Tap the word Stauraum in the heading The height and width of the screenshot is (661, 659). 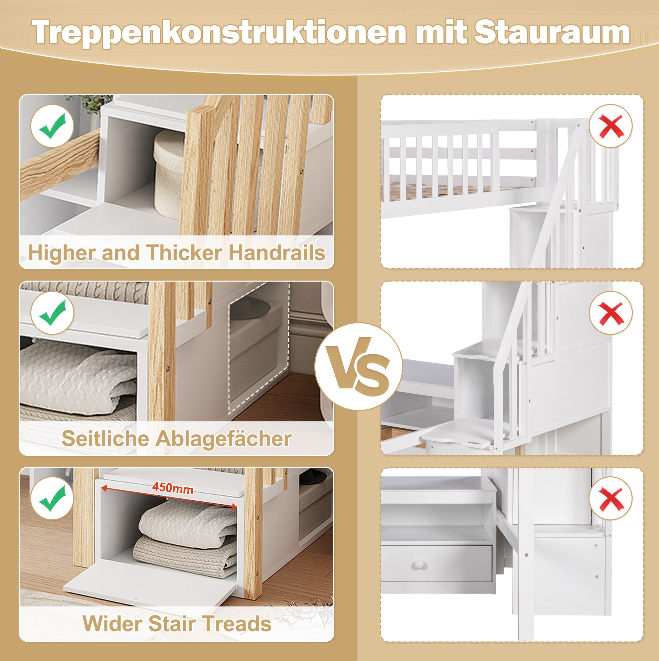click(x=552, y=32)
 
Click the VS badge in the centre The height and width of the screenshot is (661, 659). click(x=359, y=366)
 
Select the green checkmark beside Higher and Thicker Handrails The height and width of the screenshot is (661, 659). click(x=52, y=126)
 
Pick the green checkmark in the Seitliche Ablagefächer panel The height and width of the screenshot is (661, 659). click(x=52, y=313)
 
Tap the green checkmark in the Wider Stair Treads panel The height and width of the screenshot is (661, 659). click(x=52, y=498)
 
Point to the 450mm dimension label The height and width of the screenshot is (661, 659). click(x=173, y=488)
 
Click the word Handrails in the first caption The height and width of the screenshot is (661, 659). click(x=277, y=253)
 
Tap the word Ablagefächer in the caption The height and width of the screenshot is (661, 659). click(x=224, y=438)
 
